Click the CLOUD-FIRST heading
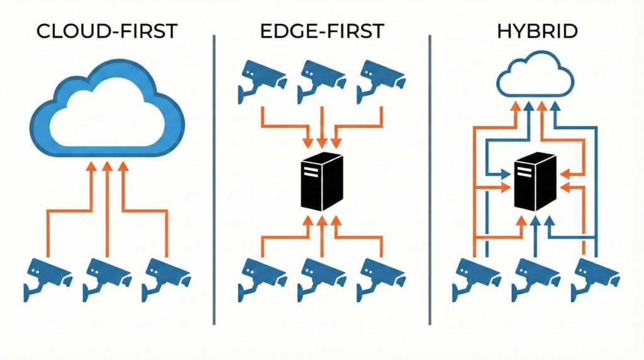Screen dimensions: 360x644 click(x=107, y=32)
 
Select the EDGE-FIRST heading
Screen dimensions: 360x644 click(x=322, y=32)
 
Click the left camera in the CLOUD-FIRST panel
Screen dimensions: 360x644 click(x=48, y=278)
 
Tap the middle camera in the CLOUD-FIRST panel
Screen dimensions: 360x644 click(x=106, y=278)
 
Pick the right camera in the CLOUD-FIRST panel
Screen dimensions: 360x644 click(x=165, y=278)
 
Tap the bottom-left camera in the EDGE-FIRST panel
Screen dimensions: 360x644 click(x=262, y=278)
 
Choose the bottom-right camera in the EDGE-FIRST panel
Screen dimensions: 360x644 click(x=380, y=278)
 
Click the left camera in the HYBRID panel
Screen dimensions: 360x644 click(x=475, y=278)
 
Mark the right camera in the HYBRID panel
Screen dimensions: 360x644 click(x=594, y=278)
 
